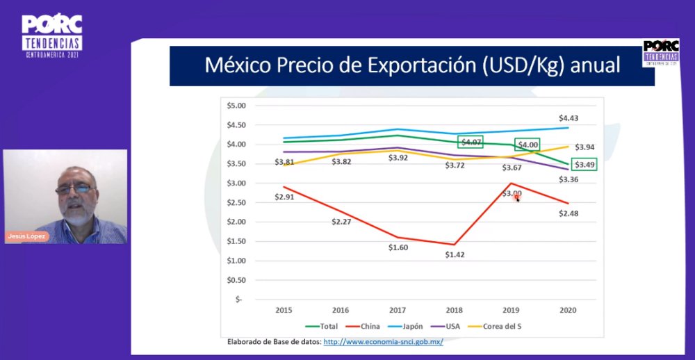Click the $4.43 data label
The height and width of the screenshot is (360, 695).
pyautogui.click(x=569, y=117)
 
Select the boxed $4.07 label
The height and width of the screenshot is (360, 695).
pyautogui.click(x=471, y=142)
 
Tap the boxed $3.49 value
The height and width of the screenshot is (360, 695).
pyautogui.click(x=584, y=165)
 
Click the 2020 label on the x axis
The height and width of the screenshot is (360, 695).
pyautogui.click(x=568, y=311)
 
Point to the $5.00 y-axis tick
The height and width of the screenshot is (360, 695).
pyautogui.click(x=237, y=106)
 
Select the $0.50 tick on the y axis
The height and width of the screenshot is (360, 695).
pyautogui.click(x=237, y=279)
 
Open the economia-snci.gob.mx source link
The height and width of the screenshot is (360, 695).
pyautogui.click(x=383, y=342)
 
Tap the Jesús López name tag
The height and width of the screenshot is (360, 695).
pyautogui.click(x=26, y=236)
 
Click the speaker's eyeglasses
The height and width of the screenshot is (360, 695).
pyautogui.click(x=74, y=189)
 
